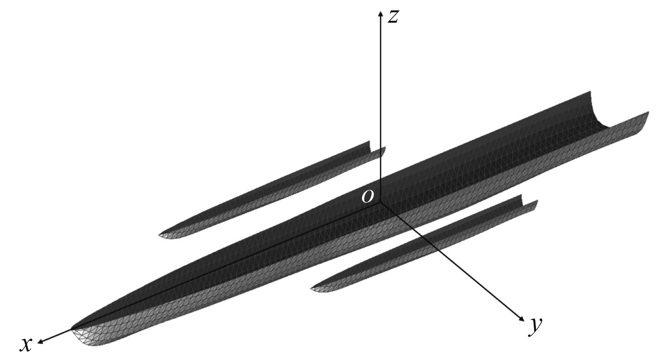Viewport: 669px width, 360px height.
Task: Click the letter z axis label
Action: tap(393, 17)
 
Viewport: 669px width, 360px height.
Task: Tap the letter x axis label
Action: tap(26, 345)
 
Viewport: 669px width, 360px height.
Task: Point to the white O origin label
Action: tap(367, 196)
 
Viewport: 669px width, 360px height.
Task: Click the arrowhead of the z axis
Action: tap(381, 14)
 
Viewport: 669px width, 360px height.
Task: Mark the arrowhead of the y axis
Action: tap(522, 318)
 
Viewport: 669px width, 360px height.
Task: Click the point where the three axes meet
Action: tap(381, 202)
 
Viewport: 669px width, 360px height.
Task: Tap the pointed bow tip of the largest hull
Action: tap(72, 329)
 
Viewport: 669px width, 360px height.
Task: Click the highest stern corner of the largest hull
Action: tap(590, 92)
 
